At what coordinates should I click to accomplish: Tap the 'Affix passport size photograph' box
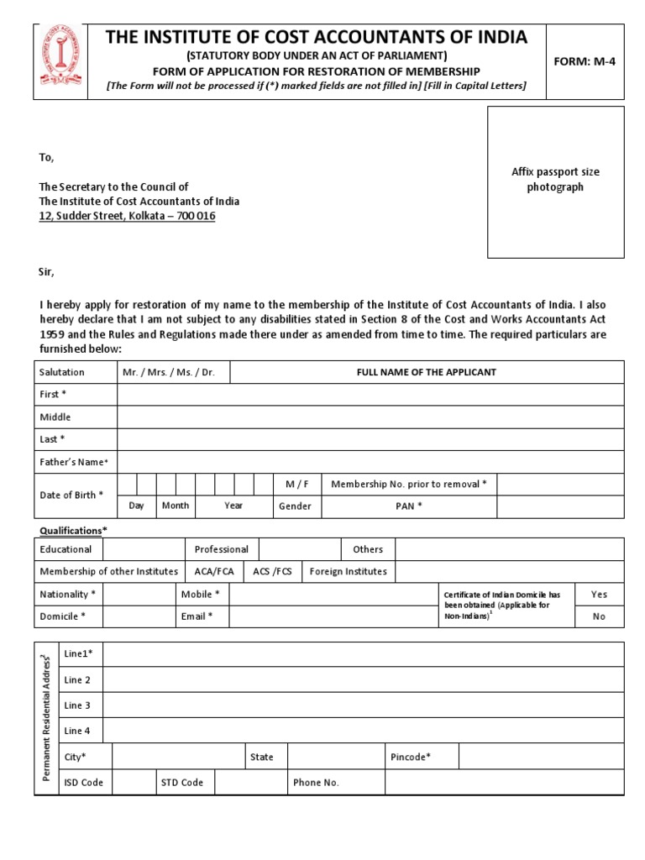point(555,181)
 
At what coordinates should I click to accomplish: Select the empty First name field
point(370,394)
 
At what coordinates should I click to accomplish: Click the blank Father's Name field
point(370,462)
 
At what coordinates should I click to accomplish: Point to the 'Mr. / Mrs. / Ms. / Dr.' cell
point(172,372)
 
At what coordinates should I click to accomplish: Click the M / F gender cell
point(297,485)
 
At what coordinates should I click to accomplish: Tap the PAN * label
point(409,506)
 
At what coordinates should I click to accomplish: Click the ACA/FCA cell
point(214,572)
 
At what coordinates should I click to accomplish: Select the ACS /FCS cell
point(272,572)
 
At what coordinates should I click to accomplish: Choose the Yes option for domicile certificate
point(599,595)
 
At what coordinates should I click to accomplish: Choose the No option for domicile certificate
point(599,616)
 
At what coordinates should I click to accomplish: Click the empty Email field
point(333,616)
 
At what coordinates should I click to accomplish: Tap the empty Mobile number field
point(333,595)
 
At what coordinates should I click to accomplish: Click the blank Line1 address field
point(363,654)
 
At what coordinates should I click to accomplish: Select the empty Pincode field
point(541,757)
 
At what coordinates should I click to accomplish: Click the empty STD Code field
point(250,782)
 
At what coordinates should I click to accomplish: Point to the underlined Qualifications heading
point(74,531)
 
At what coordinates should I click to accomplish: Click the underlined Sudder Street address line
point(128,216)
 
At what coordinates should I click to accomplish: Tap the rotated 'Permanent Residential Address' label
point(47,718)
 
